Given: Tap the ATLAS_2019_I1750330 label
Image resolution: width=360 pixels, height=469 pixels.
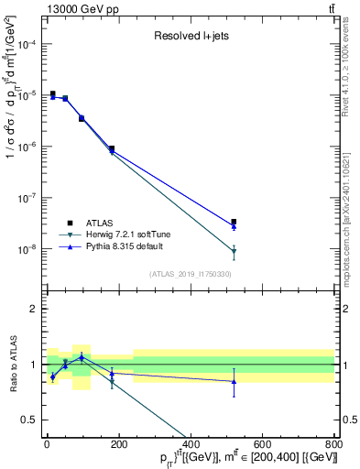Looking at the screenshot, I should pos(190,274).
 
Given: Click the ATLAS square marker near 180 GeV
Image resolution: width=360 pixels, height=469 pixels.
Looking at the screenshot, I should pos(112,148).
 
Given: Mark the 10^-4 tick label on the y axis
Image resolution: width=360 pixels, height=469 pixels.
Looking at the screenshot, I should pos(28,44).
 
